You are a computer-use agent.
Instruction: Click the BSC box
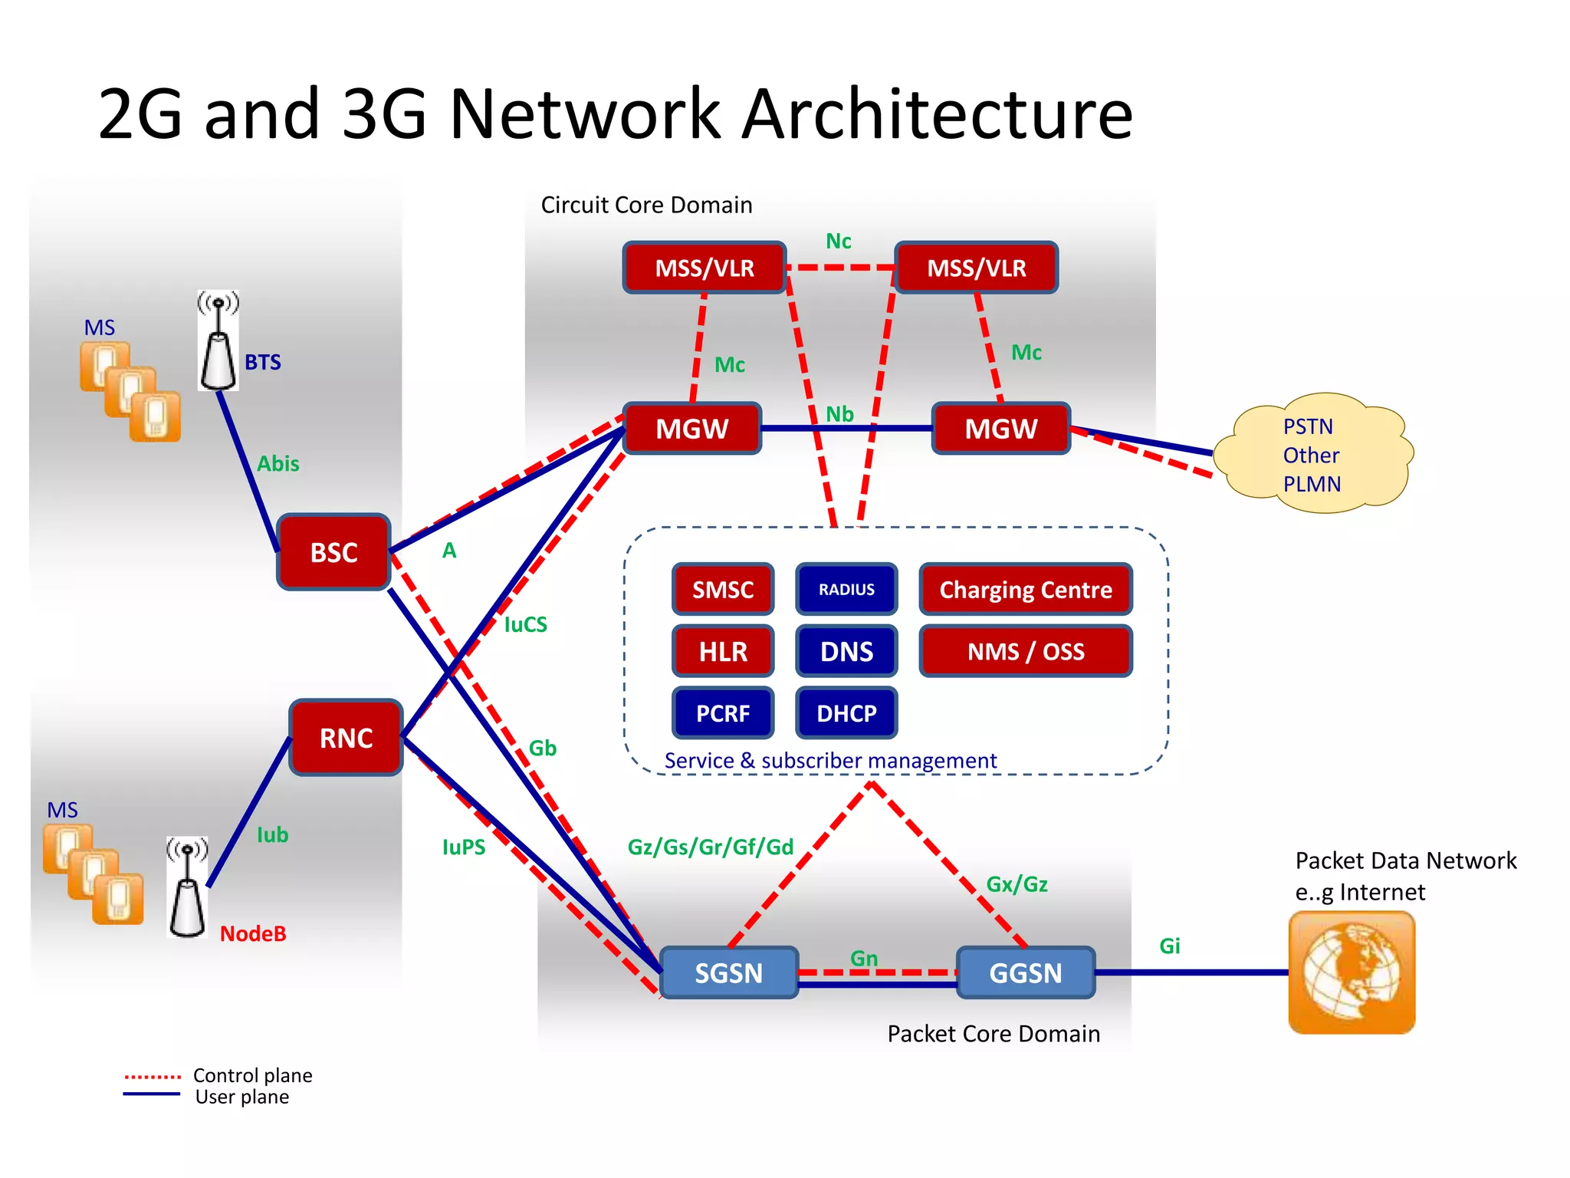point(333,552)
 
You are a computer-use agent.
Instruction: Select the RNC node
point(346,738)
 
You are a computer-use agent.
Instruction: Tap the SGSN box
point(728,972)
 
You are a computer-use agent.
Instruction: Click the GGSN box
point(1025,972)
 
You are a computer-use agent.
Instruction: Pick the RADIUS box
point(846,589)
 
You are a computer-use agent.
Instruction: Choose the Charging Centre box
point(1026,589)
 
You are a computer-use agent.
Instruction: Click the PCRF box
point(722,713)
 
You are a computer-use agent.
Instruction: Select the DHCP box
point(846,713)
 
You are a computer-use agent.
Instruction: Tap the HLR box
point(722,651)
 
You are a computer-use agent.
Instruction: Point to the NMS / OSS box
point(1026,651)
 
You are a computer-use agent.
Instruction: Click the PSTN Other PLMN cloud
point(1312,455)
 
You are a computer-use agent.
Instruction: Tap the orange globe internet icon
point(1352,972)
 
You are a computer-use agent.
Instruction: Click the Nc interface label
point(838,242)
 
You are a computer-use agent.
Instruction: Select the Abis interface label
point(278,464)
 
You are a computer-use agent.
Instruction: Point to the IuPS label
point(464,847)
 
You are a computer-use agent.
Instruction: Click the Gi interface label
point(1169,946)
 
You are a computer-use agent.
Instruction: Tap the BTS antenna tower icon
point(218,341)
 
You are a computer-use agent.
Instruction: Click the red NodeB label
point(253,933)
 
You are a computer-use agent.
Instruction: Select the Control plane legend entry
point(252,1075)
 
